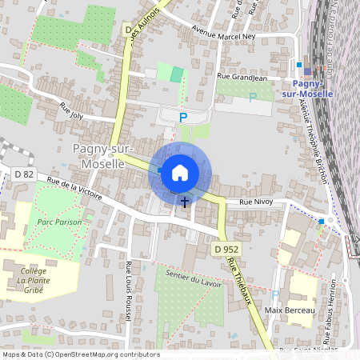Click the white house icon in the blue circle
(x=180, y=171)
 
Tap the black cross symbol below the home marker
(x=185, y=202)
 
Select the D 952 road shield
(x=227, y=250)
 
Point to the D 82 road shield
(x=24, y=173)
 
